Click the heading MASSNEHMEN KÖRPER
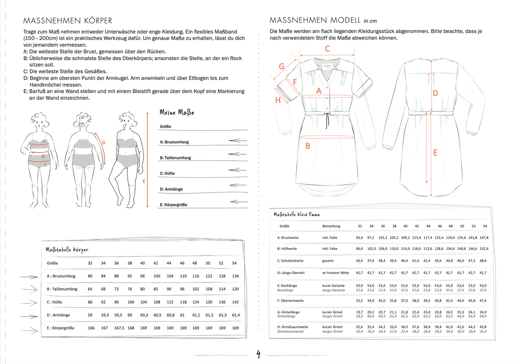pos(68,21)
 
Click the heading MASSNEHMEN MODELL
pos(315,20)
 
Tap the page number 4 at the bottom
pos(258,355)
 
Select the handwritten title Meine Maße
pos(177,112)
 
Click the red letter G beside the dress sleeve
pos(282,66)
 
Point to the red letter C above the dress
pos(327,49)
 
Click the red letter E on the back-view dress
pos(435,152)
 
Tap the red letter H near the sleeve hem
pos(278,101)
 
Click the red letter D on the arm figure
pos(104,142)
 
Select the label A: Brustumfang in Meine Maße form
pos(174,142)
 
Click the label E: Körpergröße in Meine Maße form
pos(173,205)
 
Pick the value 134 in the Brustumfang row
pos(235,276)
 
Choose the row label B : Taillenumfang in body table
pos(62,289)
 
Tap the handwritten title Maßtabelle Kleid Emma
pos(297,214)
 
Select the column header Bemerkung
pos(331,226)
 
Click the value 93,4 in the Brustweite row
pos(359,237)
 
